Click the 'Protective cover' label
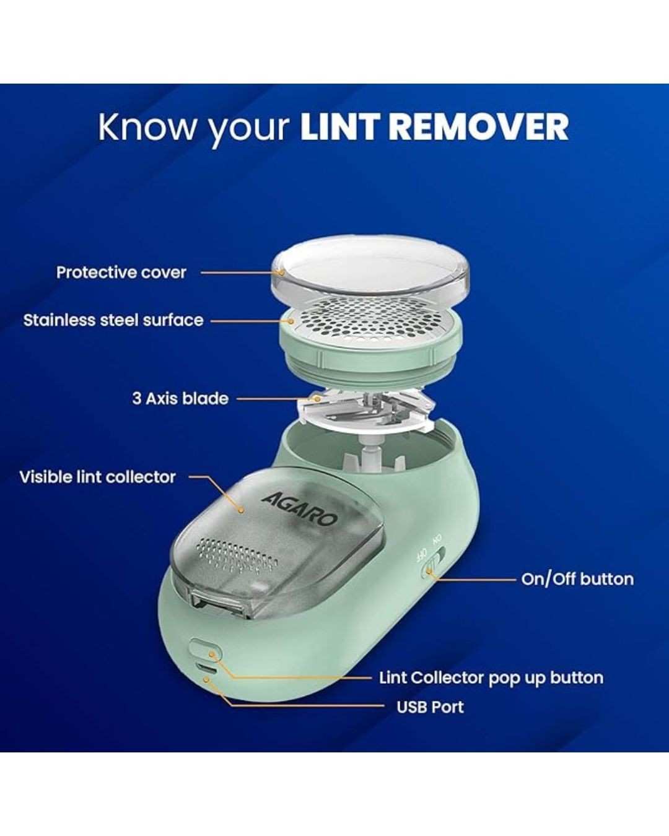[x=121, y=272]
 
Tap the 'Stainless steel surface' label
[x=113, y=321]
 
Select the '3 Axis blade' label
[x=180, y=399]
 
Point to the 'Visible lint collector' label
[x=98, y=477]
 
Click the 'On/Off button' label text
[x=577, y=579]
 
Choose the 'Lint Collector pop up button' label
[x=491, y=678]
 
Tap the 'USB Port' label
[x=431, y=707]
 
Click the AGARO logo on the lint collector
[x=299, y=509]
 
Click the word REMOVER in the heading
[x=479, y=127]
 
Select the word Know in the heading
[x=147, y=127]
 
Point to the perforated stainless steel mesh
[x=371, y=318]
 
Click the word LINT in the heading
[x=340, y=127]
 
